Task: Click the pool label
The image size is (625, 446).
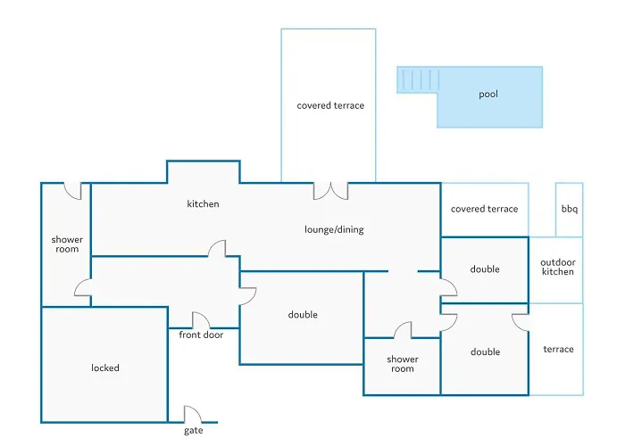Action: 488,94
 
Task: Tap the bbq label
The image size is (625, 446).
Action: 569,210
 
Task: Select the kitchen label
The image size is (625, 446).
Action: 203,204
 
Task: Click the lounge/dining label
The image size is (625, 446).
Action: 334,229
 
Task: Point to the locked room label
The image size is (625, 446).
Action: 105,368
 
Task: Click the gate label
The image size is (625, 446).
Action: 194,431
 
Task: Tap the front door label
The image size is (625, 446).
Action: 202,334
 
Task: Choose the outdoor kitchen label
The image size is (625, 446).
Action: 558,267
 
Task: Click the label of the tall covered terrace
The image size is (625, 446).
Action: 330,105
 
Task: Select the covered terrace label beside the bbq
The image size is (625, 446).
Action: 484,209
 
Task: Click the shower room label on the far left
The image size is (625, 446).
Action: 67,244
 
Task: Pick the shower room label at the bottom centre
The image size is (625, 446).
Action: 402,364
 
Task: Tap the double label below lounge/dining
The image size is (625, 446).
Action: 303,315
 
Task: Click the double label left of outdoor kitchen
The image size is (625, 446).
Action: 485,269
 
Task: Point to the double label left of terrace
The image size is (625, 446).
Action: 485,351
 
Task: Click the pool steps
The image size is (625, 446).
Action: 417,80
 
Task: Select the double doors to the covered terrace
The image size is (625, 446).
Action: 330,191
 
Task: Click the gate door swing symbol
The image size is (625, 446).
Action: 193,414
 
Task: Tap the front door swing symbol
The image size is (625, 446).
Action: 201,320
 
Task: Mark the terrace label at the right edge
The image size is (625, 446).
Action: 558,349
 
